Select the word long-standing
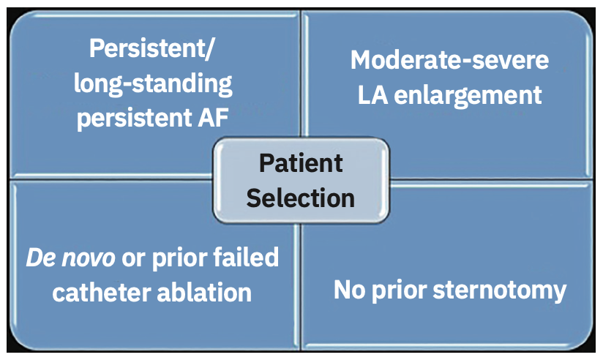(153, 84)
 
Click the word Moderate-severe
(449, 60)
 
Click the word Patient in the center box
(301, 162)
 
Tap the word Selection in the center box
(301, 196)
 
